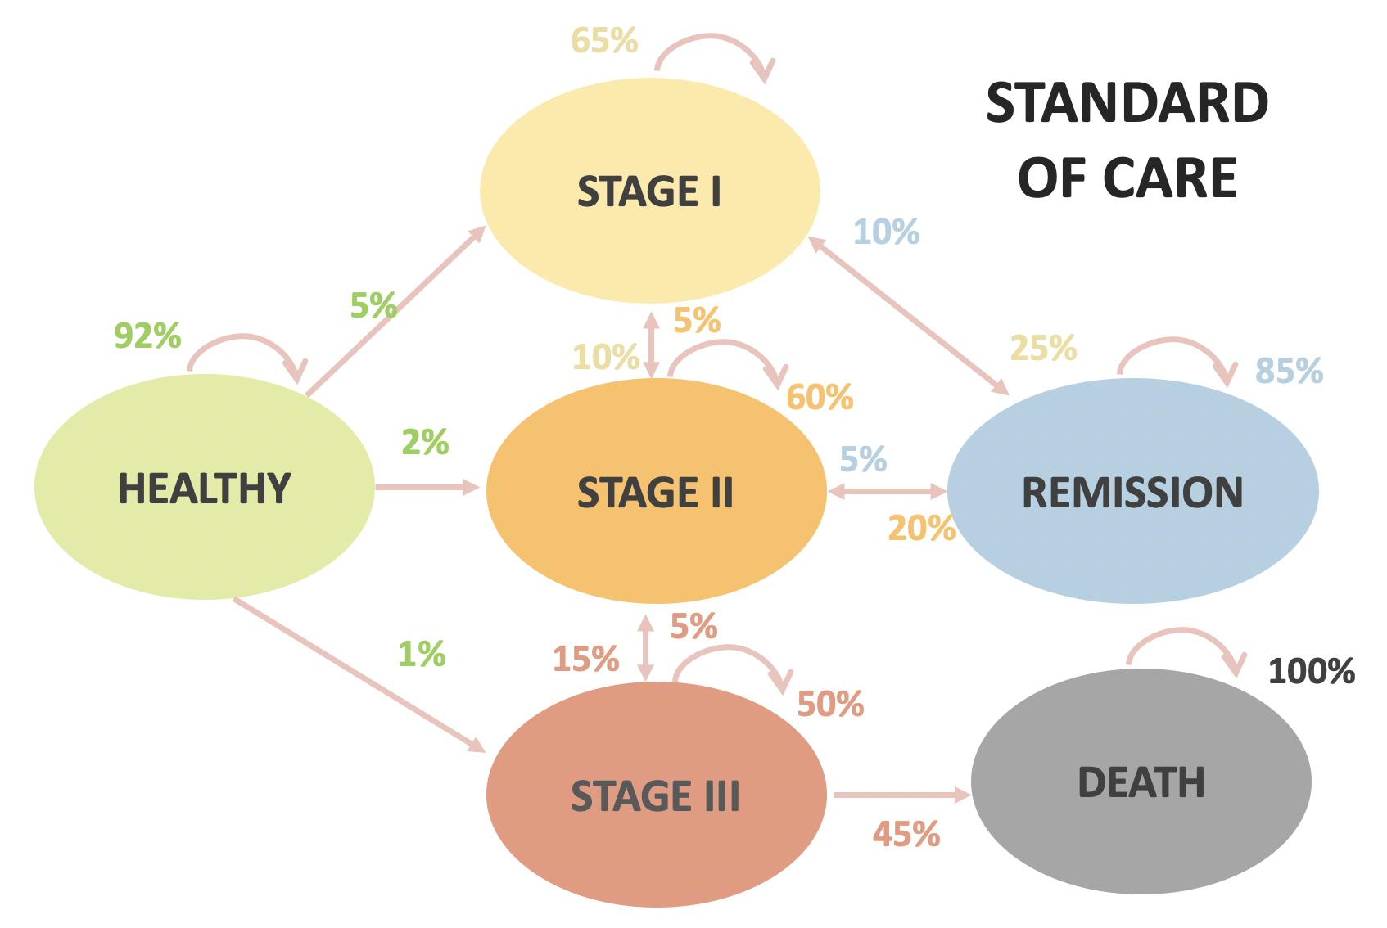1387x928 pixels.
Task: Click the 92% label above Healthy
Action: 147,336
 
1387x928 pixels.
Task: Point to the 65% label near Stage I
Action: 604,40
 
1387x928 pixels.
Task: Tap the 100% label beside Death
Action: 1311,672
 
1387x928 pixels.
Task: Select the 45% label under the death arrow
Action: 906,835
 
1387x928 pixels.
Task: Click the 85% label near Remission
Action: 1289,371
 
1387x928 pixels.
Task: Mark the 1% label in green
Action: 422,654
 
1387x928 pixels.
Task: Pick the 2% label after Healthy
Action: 425,443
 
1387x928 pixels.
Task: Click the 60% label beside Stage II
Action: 820,398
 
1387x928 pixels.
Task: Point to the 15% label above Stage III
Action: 585,659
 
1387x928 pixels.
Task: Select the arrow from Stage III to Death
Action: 901,795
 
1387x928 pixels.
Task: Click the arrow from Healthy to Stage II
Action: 427,488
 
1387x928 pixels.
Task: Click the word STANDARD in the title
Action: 1127,104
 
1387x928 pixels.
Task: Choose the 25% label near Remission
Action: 1042,349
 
